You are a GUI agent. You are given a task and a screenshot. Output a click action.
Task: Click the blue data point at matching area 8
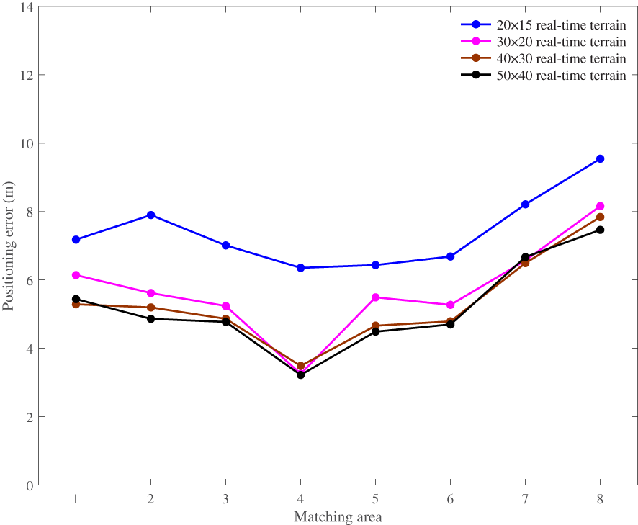pos(600,158)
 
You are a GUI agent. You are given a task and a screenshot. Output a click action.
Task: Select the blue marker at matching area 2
pos(150,215)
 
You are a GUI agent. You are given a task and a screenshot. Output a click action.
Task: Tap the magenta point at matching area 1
pos(76,275)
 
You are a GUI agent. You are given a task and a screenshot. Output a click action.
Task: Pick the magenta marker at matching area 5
pos(375,297)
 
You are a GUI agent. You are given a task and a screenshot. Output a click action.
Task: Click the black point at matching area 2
pos(150,318)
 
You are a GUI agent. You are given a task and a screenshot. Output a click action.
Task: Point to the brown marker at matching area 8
pos(600,217)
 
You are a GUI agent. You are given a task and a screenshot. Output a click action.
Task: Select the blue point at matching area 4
pos(300,268)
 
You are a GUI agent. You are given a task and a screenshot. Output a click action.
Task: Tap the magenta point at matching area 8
pos(600,206)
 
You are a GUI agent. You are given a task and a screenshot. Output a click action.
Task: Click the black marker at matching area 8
pos(600,230)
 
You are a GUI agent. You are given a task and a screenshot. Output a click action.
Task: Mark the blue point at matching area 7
pos(525,205)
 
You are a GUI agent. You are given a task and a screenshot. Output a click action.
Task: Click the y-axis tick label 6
pos(28,280)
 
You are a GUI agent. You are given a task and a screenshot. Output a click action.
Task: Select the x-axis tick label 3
pos(225,499)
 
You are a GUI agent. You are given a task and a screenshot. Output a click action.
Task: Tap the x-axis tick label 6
pos(450,499)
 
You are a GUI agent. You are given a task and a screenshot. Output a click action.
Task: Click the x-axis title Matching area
pos(338,517)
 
